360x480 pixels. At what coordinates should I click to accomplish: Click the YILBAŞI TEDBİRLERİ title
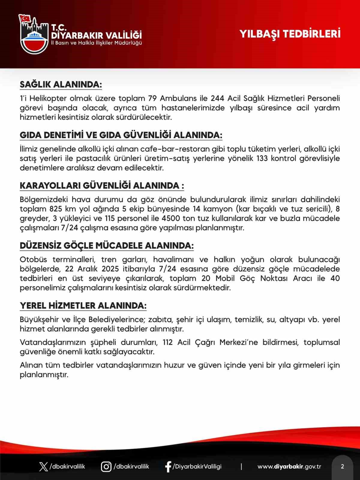[x=290, y=34]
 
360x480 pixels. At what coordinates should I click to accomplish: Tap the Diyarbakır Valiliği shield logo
[x=33, y=34]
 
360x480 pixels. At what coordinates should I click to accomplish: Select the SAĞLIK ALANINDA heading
[x=61, y=85]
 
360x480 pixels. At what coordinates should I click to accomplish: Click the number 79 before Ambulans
[x=153, y=98]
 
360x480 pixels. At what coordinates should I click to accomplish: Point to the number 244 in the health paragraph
[x=217, y=98]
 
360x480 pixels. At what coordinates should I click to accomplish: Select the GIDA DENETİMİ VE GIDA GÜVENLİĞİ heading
[x=121, y=135]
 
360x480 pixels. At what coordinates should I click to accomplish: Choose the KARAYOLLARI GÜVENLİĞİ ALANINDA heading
[x=102, y=186]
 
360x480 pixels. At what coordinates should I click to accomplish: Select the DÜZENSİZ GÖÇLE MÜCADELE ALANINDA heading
[x=106, y=246]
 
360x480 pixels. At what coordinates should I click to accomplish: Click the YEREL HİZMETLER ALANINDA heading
[x=83, y=306]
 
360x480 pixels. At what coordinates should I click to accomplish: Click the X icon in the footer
[x=43, y=467]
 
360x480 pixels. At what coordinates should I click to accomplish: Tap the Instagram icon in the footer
[x=106, y=467]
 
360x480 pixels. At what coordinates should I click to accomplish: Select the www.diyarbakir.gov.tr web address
[x=289, y=467]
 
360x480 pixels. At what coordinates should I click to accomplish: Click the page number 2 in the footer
[x=342, y=467]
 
